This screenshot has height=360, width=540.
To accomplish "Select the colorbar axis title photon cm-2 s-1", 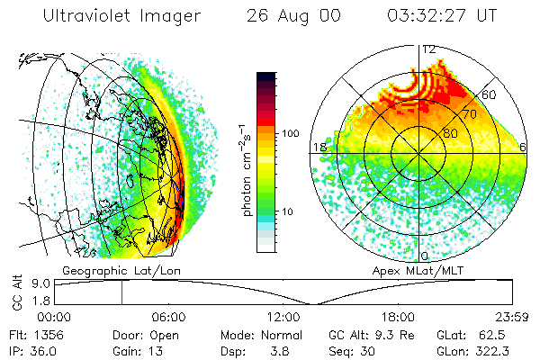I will pyautogui.click(x=247, y=164).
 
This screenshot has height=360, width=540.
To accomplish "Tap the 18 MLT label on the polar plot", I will pyautogui.click(x=318, y=147).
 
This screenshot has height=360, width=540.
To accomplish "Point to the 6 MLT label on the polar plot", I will pyautogui.click(x=524, y=147).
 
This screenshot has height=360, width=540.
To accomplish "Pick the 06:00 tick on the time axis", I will pyautogui.click(x=169, y=317).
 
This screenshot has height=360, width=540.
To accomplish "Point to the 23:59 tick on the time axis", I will pyautogui.click(x=511, y=317).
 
